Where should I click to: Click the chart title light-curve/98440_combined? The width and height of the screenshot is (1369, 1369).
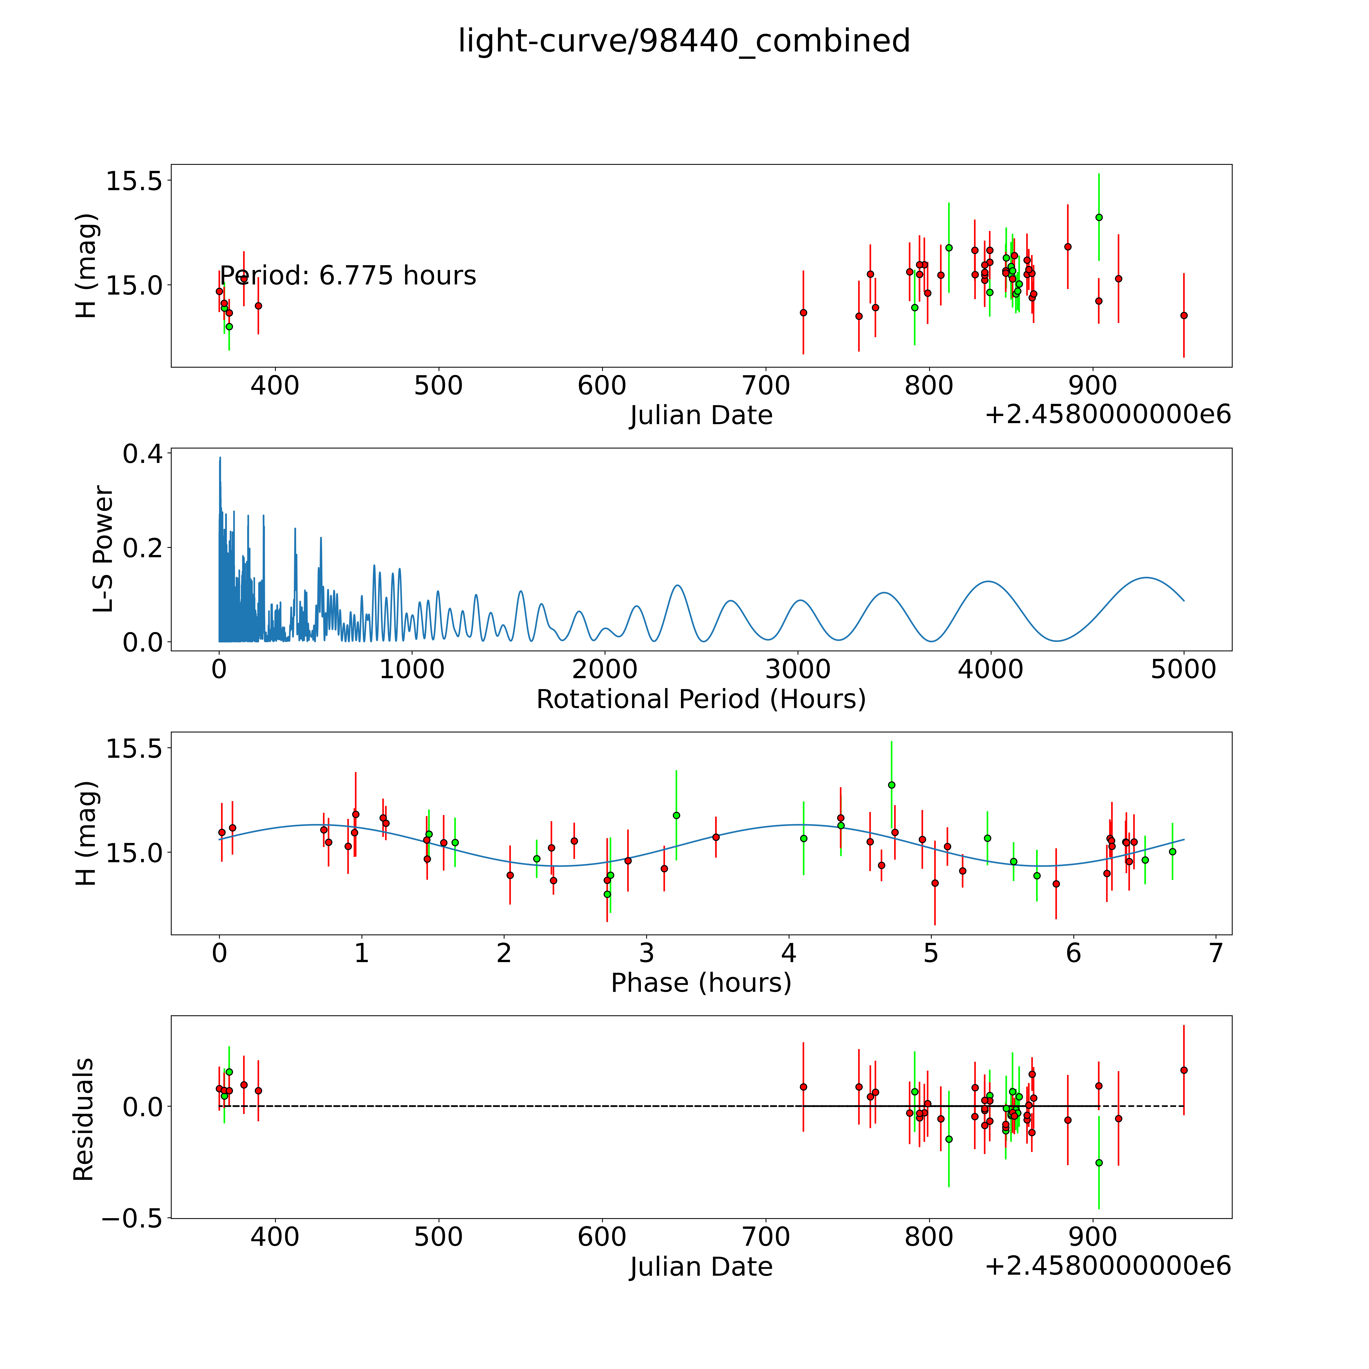tap(684, 41)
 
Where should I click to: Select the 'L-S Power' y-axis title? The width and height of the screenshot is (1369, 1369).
tap(103, 549)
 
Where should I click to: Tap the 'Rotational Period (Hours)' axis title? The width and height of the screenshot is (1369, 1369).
tap(701, 699)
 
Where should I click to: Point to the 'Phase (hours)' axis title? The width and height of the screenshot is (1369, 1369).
tap(701, 983)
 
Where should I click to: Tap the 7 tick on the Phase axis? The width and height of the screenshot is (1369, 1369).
tap(1216, 953)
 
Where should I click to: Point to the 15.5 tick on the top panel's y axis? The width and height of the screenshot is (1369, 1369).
tap(135, 182)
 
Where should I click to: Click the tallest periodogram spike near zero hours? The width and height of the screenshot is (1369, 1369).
tap(220, 458)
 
